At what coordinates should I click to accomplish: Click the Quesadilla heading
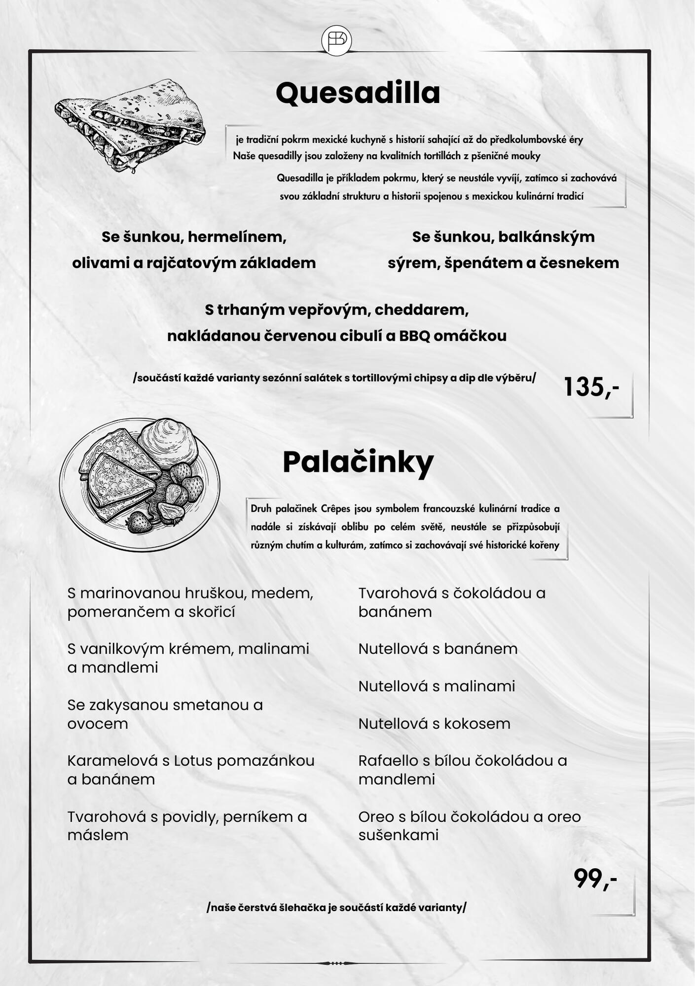coord(358,93)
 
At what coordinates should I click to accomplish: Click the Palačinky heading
coord(358,462)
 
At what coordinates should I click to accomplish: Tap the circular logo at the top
coord(336,40)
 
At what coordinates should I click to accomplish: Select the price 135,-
coord(591,387)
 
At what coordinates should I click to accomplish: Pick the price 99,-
coord(595,879)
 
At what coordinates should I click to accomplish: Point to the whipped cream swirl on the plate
coord(168,439)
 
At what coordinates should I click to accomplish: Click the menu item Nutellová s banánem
coord(438,649)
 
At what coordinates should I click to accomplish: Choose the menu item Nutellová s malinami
coord(437,686)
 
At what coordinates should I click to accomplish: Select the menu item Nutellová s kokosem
coord(434,724)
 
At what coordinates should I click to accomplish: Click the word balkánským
coord(547,237)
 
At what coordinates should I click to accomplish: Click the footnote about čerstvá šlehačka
coord(336,908)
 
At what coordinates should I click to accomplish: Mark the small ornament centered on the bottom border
coord(336,963)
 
